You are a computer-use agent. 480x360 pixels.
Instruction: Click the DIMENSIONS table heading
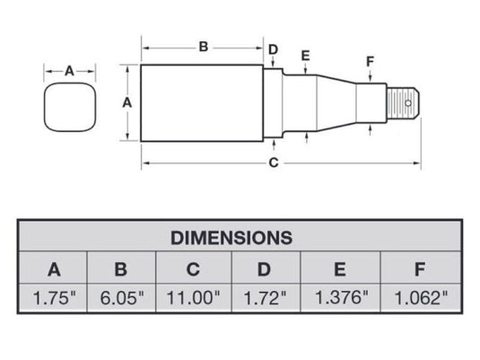coord(231,238)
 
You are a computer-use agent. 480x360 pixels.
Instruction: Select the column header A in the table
coord(54,268)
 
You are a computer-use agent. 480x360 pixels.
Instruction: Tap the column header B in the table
coord(122,268)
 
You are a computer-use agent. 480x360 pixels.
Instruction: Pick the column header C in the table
coord(193,268)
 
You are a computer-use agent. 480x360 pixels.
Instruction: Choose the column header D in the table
coord(266,268)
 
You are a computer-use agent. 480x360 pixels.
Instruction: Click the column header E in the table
coord(340,268)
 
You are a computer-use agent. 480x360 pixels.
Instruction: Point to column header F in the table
coord(420,268)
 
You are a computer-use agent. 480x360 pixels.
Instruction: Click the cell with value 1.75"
coord(54,297)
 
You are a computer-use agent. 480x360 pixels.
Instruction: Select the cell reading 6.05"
coord(122,297)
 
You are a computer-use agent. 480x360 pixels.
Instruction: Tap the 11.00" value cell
coord(193,297)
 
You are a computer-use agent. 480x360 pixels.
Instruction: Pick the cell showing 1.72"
coord(266,297)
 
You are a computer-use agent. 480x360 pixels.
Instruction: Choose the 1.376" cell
coord(340,297)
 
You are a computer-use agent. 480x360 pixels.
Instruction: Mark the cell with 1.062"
coord(420,297)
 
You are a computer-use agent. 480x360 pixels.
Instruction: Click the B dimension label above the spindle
coord(203,46)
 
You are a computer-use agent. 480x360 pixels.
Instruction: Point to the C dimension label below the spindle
coord(275,162)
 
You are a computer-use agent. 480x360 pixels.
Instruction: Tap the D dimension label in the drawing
coord(274,49)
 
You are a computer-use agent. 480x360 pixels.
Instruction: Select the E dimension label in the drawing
coord(306,57)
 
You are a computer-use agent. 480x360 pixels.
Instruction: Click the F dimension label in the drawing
coord(370,61)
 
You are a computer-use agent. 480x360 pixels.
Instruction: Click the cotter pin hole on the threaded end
coord(408,103)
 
